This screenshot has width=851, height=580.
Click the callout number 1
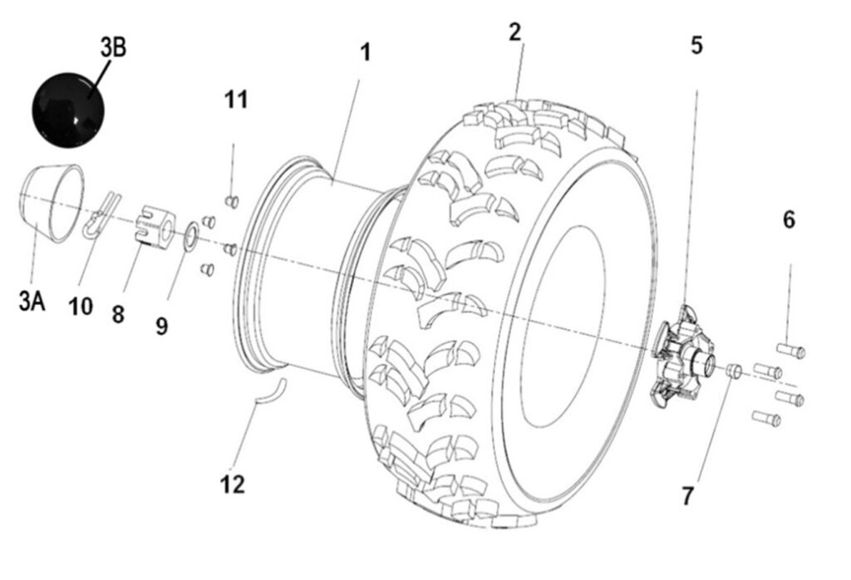coord(365,52)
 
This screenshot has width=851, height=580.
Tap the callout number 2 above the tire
coord(515,32)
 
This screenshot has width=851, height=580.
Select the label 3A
coord(32,301)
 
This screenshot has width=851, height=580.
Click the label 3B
coord(113,47)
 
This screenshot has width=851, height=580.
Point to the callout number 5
coord(696,45)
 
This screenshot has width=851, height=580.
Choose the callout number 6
coord(789,220)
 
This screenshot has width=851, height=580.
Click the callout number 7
coord(687,496)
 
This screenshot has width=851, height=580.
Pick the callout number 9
coord(161,326)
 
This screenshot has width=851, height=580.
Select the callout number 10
coord(81,307)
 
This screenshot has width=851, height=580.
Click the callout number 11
coord(235,100)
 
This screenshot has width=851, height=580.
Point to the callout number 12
coord(233,484)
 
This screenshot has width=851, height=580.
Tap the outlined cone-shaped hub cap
coord(52,203)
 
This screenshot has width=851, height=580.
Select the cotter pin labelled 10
coord(101,216)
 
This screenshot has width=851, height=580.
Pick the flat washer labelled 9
coord(189,235)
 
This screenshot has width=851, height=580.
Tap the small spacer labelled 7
coord(732,371)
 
